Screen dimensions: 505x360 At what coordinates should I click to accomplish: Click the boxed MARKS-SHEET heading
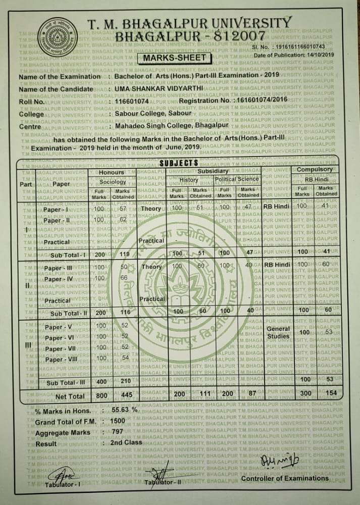click(175, 58)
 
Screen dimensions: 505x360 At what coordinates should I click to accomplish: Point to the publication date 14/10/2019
click(321, 54)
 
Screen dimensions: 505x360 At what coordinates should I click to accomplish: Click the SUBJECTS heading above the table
click(179, 163)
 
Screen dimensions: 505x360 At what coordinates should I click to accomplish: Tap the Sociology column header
click(113, 181)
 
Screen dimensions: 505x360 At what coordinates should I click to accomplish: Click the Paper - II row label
click(59, 221)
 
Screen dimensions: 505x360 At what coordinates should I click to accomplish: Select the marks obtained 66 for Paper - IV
click(123, 278)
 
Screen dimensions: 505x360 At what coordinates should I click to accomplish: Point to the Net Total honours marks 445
click(126, 396)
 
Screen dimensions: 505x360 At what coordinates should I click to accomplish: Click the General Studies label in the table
click(278, 333)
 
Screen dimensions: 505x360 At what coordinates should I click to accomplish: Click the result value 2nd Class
click(124, 442)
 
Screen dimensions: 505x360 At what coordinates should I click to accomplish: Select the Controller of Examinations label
click(284, 478)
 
